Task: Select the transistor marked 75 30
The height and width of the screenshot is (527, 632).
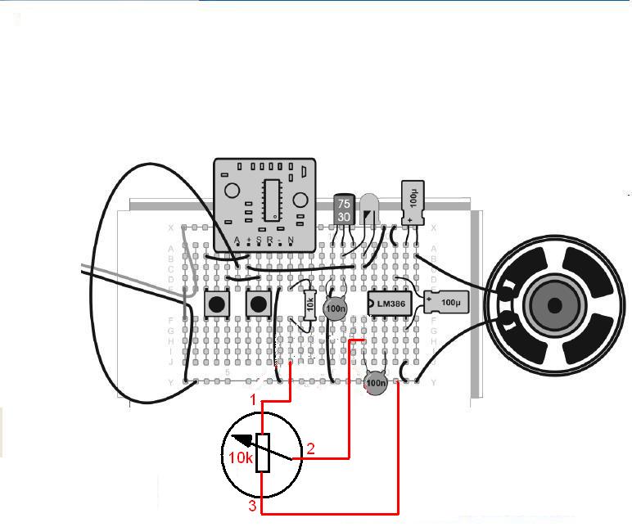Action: click(x=344, y=210)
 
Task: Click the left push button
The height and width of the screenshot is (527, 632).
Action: click(x=216, y=304)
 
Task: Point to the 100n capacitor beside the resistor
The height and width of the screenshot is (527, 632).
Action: click(x=334, y=309)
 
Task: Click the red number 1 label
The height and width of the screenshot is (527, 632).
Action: click(x=254, y=399)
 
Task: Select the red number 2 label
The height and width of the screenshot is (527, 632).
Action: click(x=310, y=448)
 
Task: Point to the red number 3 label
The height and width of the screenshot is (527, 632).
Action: click(x=252, y=507)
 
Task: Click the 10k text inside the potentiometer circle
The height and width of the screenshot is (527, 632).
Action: click(x=240, y=458)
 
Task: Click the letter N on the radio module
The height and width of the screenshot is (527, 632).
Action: click(x=290, y=240)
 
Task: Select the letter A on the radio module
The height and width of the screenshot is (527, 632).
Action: click(x=237, y=240)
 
